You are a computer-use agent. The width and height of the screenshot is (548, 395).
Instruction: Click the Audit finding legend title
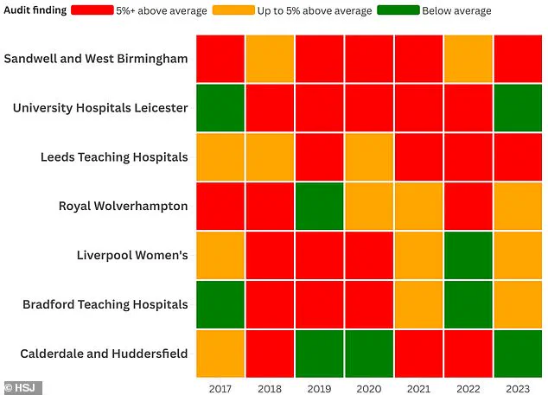33,11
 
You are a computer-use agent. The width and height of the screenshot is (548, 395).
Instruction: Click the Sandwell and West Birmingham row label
96,59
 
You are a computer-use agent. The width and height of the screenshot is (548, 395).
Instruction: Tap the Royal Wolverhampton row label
123,206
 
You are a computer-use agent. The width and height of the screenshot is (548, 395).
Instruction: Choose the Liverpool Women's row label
132,255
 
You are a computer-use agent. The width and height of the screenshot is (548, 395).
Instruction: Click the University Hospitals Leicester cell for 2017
220,108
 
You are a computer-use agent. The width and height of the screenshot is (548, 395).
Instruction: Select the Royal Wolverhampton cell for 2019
320,206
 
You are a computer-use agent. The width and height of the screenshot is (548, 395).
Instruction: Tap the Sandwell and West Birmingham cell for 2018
271,59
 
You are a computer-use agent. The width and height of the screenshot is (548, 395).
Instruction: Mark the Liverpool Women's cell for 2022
468,255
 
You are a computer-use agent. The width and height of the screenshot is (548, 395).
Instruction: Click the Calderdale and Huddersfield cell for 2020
369,354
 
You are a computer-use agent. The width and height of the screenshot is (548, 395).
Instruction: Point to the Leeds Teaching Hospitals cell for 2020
369,157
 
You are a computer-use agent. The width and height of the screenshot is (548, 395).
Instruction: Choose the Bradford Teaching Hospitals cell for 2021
419,304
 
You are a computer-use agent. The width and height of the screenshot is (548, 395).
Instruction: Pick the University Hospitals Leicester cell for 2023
518,108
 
